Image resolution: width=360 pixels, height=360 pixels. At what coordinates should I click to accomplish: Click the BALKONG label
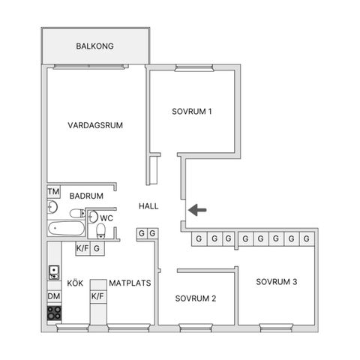click(x=94, y=46)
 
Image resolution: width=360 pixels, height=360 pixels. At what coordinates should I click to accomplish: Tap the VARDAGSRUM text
click(x=94, y=125)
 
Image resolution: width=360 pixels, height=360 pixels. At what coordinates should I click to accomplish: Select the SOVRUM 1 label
click(x=192, y=112)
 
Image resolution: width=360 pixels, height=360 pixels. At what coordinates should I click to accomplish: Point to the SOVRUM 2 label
click(x=196, y=298)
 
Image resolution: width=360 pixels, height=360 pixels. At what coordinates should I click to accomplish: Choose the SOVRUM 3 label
click(x=277, y=282)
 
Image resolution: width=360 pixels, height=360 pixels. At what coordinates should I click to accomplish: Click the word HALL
click(x=148, y=205)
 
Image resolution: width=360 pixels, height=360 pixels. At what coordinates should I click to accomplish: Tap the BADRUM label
click(x=86, y=196)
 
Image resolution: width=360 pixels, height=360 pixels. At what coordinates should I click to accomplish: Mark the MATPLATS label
click(x=130, y=283)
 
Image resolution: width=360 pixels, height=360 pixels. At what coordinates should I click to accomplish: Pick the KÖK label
click(x=75, y=283)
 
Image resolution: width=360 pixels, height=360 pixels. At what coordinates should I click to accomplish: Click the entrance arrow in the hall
click(x=197, y=210)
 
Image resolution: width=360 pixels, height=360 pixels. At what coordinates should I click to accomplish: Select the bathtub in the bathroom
click(x=65, y=227)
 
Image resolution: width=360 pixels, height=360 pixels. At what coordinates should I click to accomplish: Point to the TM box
click(x=53, y=192)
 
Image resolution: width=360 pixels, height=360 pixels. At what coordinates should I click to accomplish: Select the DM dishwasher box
click(x=54, y=297)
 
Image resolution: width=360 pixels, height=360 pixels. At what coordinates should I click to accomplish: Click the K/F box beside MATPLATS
click(x=97, y=296)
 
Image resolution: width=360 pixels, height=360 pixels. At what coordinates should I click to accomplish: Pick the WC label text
click(x=106, y=218)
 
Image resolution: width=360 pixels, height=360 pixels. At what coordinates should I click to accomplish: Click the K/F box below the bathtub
click(x=82, y=248)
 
